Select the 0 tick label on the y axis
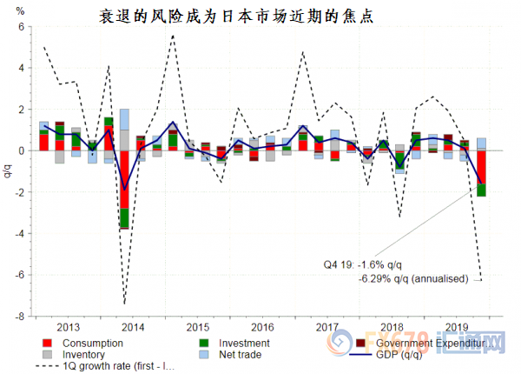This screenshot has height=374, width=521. point(22,150)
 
